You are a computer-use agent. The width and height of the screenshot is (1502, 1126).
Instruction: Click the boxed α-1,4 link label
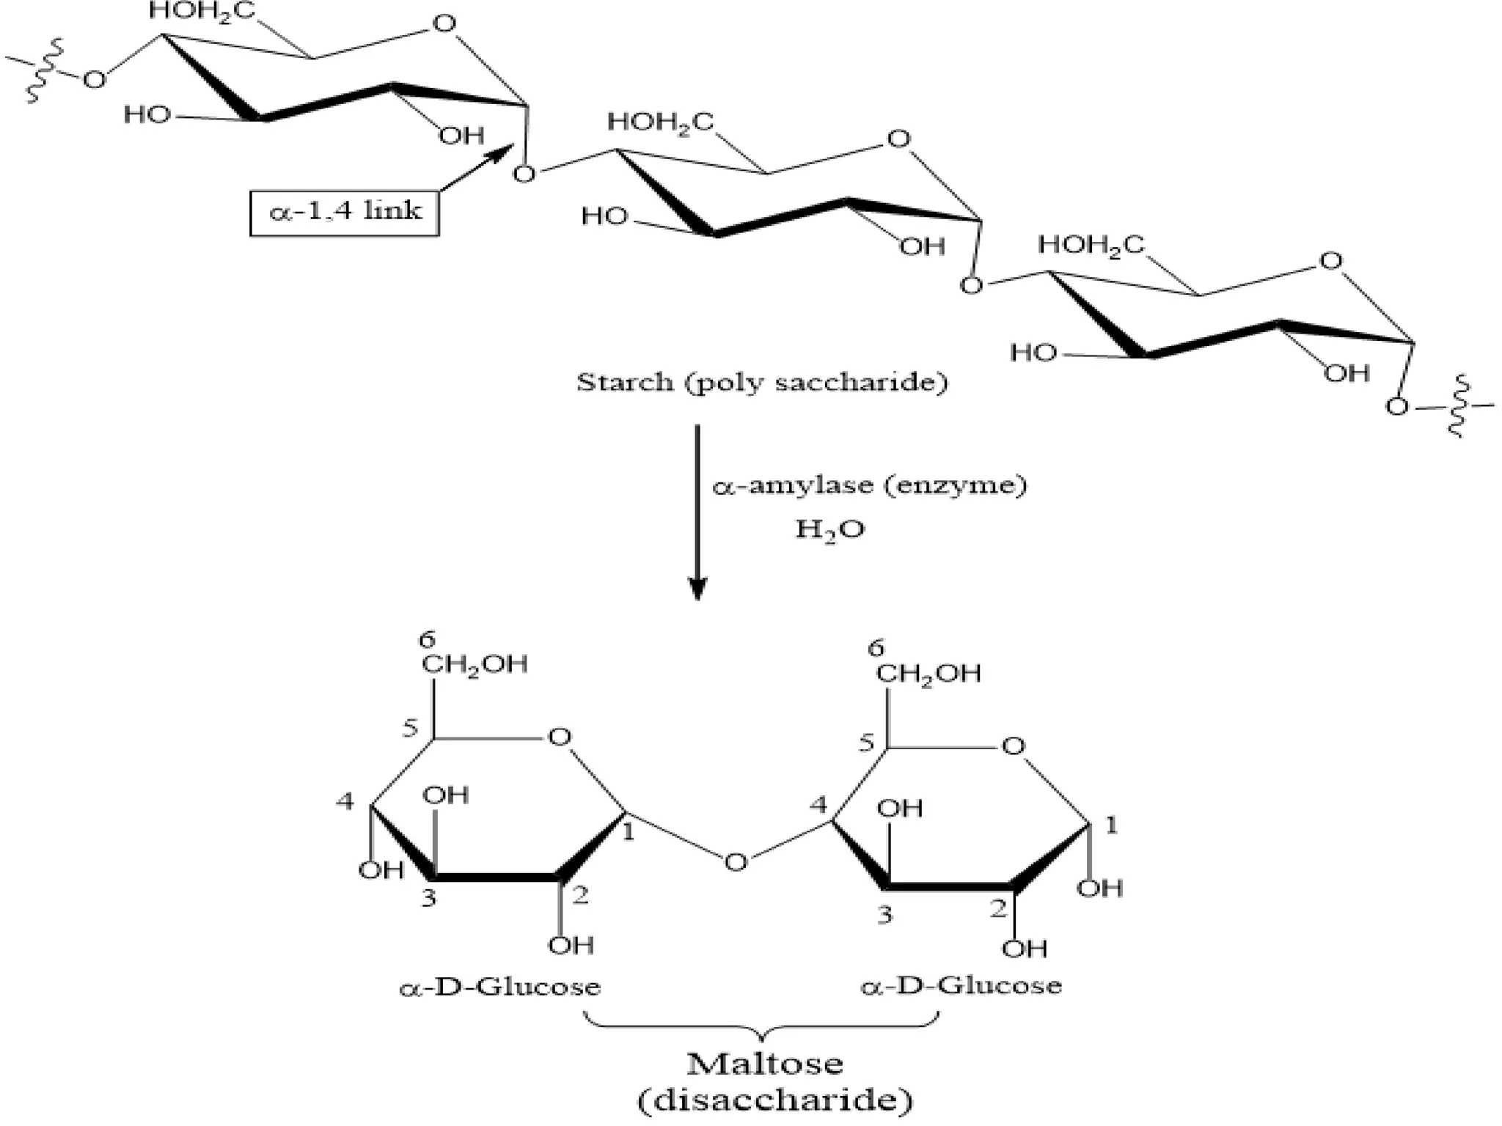345,213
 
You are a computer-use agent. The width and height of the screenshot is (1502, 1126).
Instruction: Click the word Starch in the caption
624,382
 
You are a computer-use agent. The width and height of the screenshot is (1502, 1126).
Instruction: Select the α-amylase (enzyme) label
870,485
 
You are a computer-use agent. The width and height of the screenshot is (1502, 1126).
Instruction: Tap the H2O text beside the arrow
829,529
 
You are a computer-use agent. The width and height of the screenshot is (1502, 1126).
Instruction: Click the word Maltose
764,1063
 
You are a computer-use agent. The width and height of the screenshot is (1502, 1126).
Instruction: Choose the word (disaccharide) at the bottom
775,1100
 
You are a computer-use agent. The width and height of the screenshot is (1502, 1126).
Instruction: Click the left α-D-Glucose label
499,987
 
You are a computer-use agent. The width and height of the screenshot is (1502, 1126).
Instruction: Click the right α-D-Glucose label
961,985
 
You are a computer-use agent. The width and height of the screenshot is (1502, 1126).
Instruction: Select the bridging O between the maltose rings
736,862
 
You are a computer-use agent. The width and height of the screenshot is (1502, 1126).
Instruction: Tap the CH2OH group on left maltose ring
475,664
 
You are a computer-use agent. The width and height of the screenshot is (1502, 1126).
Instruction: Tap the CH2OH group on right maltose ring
928,673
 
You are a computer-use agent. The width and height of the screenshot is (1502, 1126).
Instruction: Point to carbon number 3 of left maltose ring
429,898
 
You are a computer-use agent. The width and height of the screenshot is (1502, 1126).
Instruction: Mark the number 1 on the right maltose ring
1111,825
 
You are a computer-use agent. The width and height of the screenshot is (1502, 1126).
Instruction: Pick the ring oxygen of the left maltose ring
560,737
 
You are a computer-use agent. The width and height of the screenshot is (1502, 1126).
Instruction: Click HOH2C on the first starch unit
202,11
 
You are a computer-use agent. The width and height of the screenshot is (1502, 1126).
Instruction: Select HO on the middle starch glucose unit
604,216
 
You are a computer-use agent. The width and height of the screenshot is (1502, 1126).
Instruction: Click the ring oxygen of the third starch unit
1330,261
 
